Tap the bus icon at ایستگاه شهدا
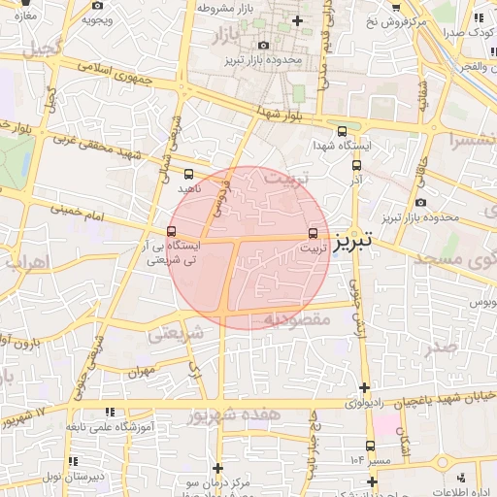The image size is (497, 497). (x=341, y=132)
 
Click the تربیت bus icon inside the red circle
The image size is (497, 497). (x=312, y=233)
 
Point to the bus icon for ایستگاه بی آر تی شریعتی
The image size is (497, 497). (x=172, y=232)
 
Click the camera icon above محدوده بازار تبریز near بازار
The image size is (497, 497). (x=264, y=45)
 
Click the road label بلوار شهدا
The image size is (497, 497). (x=282, y=115)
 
